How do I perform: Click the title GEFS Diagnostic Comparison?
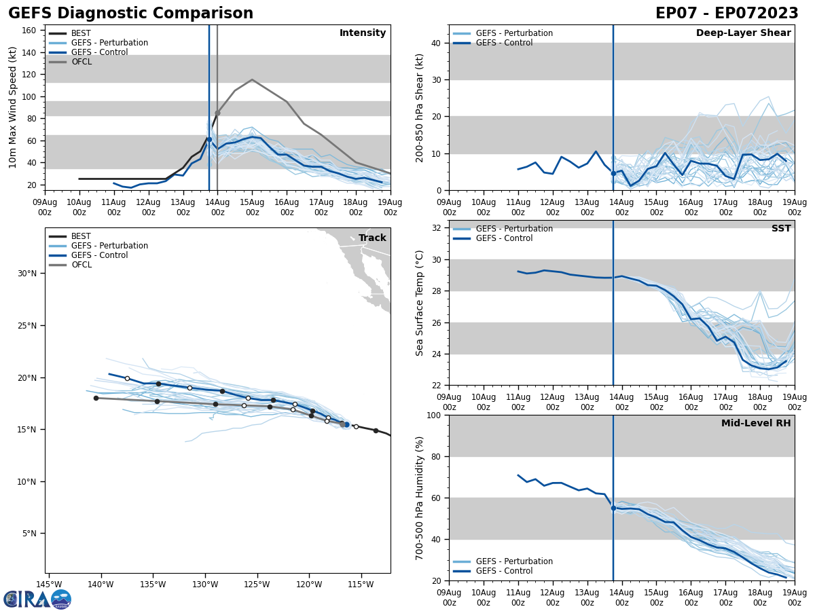pyautogui.click(x=130, y=14)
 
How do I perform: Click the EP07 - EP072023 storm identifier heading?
pyautogui.click(x=727, y=14)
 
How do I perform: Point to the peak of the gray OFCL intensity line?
pyautogui.click(x=252, y=79)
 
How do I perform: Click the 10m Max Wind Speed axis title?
pyautogui.click(x=13, y=107)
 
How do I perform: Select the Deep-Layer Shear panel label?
pyautogui.click(x=743, y=33)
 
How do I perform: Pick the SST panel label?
pyautogui.click(x=781, y=229)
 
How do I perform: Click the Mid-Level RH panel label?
pyautogui.click(x=756, y=424)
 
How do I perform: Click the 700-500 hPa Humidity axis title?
pyautogui.click(x=420, y=498)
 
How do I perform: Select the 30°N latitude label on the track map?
pyautogui.click(x=26, y=274)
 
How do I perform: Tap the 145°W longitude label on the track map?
pyautogui.click(x=49, y=584)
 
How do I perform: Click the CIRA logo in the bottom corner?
pyautogui.click(x=37, y=599)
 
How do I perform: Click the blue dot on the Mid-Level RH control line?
pyautogui.click(x=613, y=508)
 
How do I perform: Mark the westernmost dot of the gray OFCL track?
pyautogui.click(x=96, y=398)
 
